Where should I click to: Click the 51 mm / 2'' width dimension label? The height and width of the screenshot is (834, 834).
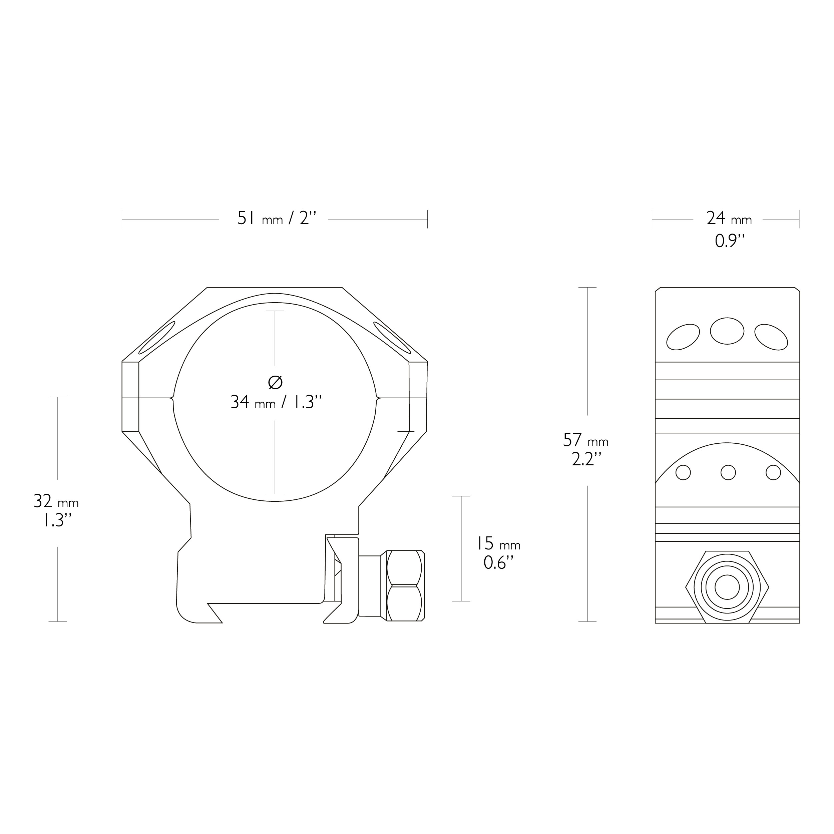pos(277,219)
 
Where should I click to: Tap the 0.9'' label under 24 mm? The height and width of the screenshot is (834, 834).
pos(730,241)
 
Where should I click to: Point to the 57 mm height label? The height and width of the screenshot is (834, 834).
pos(586,440)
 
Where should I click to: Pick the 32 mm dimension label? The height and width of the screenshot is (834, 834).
pos(56,501)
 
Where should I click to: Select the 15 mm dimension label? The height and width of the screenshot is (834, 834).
pos(498,543)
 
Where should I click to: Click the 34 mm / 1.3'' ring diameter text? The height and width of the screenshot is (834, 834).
pos(276,402)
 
